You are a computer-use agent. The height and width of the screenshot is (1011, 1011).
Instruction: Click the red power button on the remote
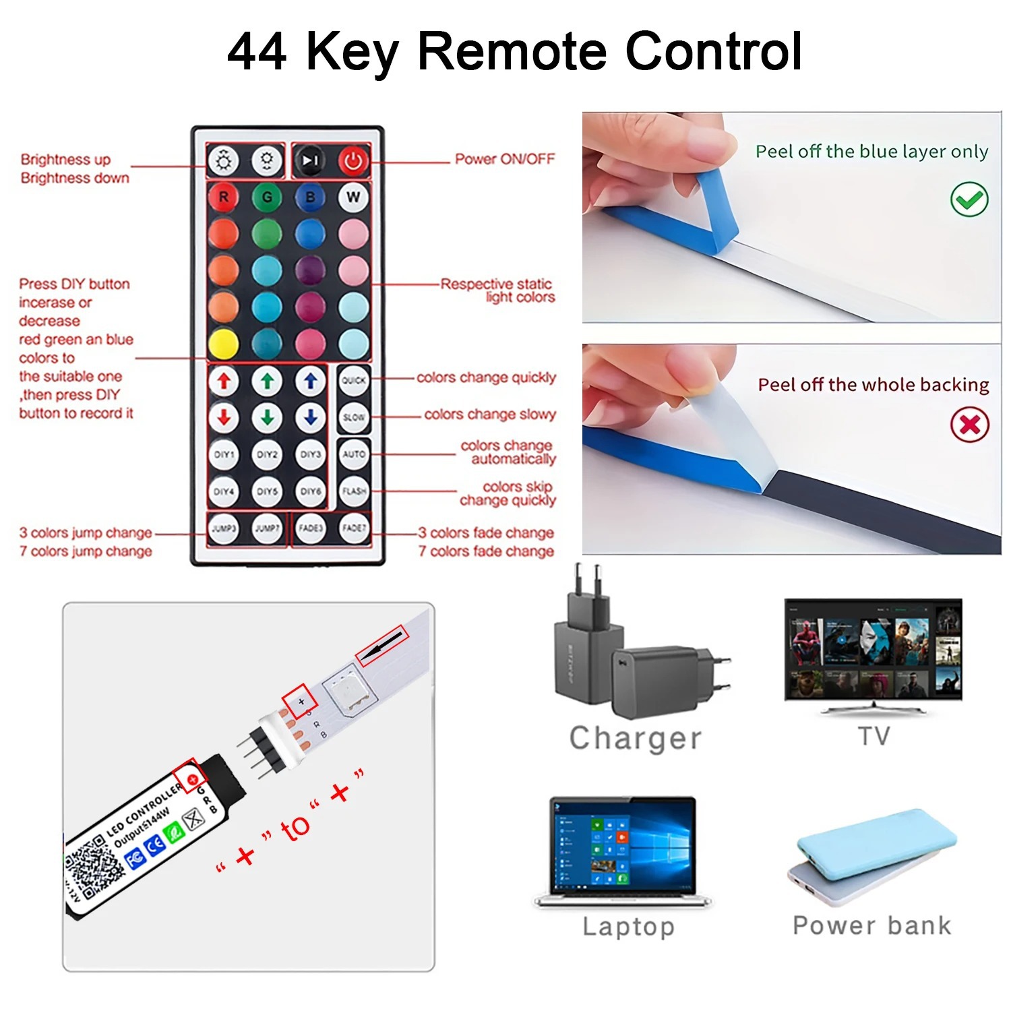click(x=353, y=161)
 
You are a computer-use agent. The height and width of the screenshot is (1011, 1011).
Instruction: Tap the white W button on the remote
click(x=353, y=197)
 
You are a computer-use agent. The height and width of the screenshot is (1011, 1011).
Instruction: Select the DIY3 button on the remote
click(x=310, y=454)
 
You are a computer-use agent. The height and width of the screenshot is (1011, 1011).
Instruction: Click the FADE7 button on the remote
click(x=353, y=528)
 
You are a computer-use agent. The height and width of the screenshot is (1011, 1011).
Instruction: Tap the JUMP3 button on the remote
click(x=224, y=528)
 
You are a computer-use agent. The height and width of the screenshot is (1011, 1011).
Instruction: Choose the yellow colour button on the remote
click(x=224, y=344)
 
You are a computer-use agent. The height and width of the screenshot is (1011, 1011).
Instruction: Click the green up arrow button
click(x=267, y=381)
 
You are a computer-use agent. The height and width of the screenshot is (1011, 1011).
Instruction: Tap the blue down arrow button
click(x=310, y=418)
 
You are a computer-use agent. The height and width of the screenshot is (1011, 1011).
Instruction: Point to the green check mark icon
click(x=969, y=200)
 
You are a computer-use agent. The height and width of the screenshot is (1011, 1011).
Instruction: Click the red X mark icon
click(x=969, y=425)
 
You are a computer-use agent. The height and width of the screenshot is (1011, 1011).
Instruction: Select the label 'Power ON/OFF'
click(x=505, y=159)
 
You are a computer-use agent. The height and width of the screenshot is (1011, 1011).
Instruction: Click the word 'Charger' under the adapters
click(x=636, y=738)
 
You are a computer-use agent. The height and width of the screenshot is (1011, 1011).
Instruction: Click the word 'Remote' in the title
click(x=516, y=51)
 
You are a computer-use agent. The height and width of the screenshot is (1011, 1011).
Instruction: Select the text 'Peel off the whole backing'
click(x=874, y=385)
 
